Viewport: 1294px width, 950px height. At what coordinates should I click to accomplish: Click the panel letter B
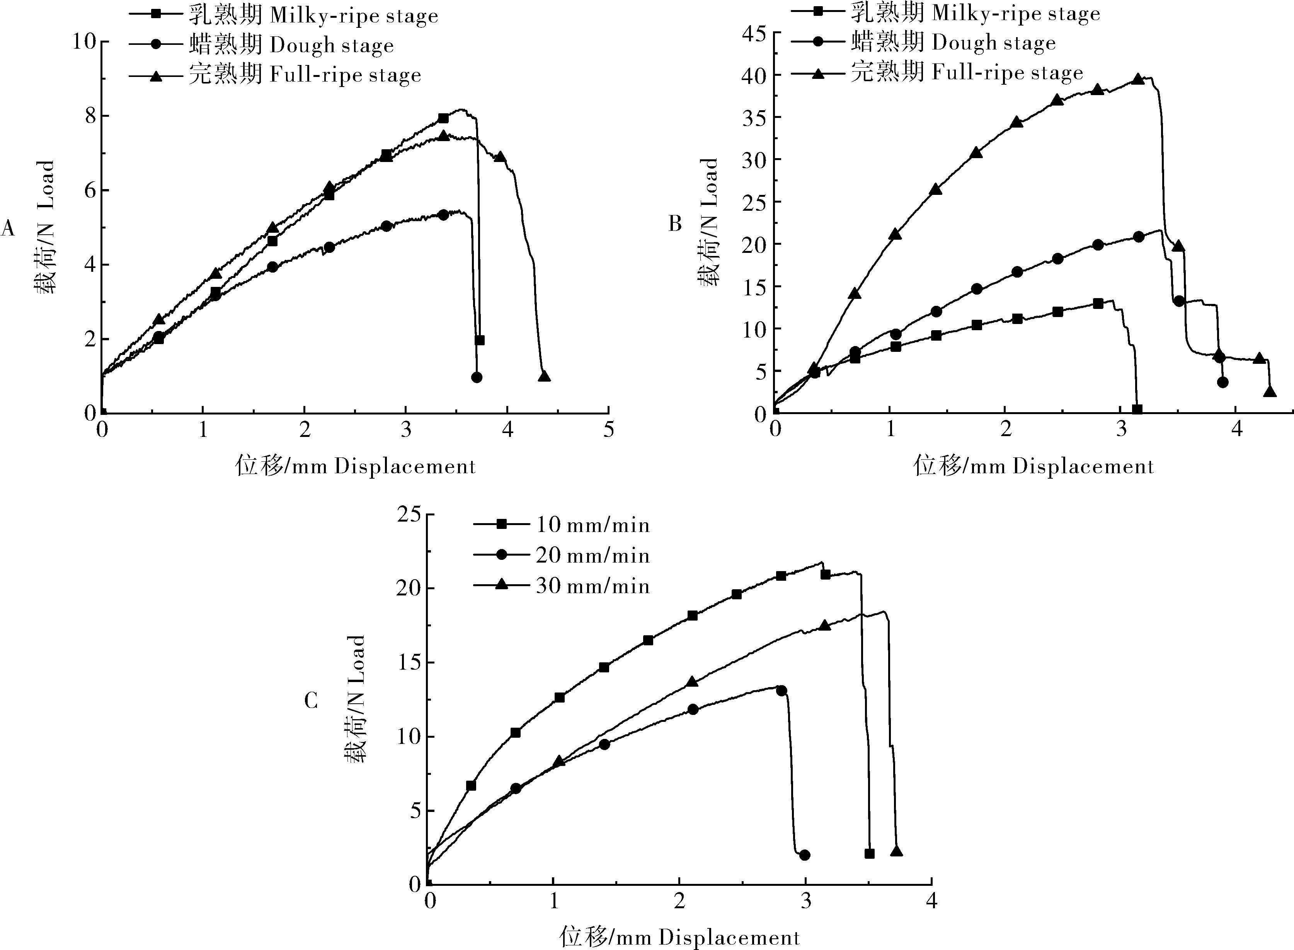pos(675,223)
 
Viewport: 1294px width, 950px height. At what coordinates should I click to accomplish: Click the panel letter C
pos(311,701)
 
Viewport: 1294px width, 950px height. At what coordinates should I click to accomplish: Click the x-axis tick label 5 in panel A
pos(609,430)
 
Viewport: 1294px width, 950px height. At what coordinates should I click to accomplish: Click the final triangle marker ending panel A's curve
pos(544,377)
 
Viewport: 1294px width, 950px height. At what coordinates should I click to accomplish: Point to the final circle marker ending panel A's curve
pos(477,377)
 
